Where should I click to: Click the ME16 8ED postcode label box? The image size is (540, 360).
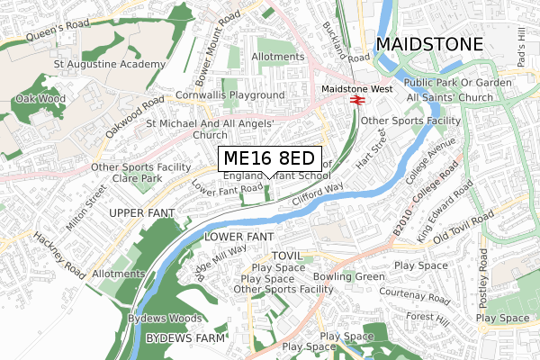[x=269, y=158]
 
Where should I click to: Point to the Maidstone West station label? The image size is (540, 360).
[x=357, y=89]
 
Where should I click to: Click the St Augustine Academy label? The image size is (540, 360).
[x=110, y=65]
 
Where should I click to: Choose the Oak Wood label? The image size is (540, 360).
[x=40, y=99]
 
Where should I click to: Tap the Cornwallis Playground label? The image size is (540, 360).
[x=230, y=95]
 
